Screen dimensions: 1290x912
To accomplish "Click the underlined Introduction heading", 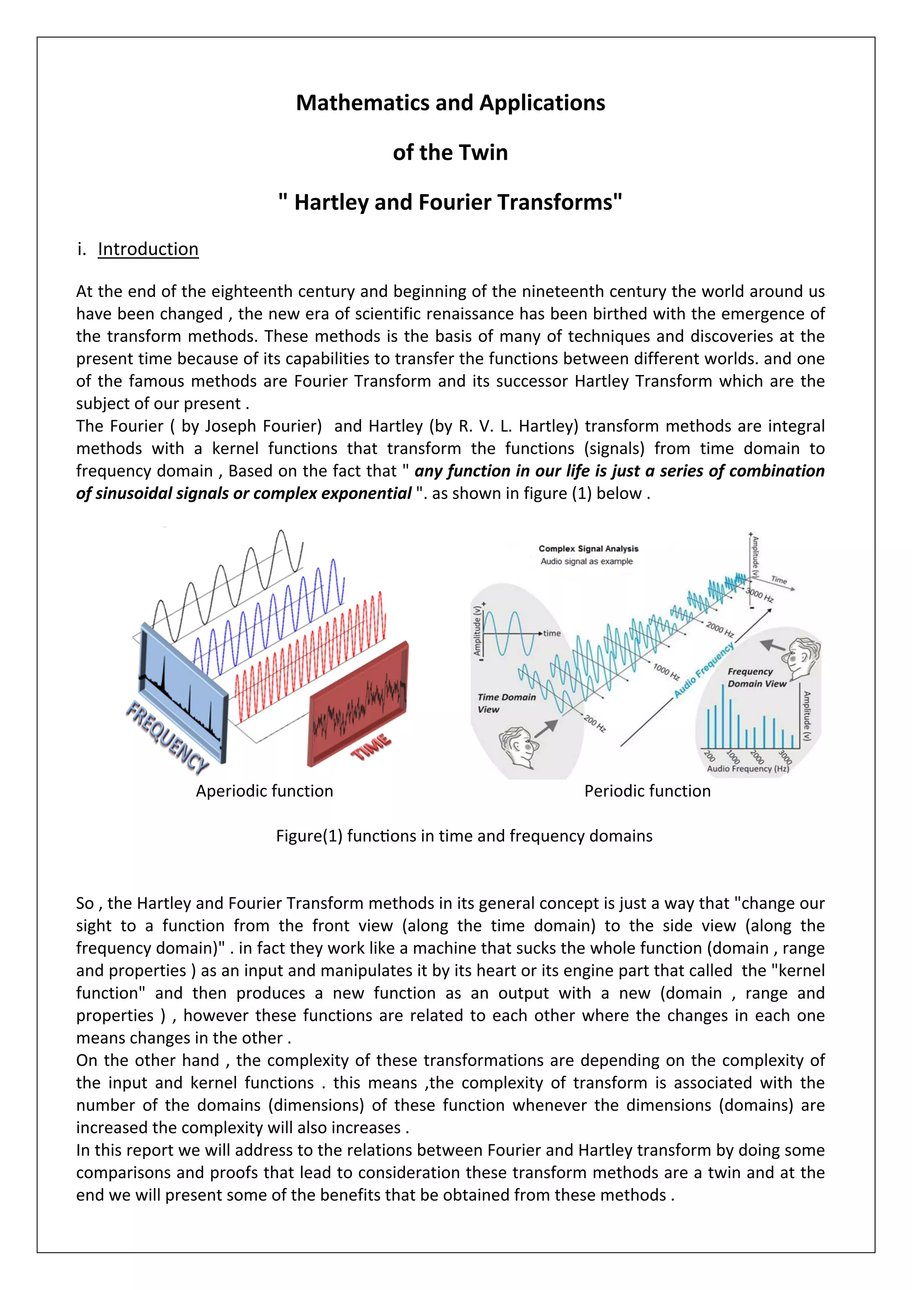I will click(x=148, y=249).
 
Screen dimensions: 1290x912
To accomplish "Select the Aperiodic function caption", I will click(x=264, y=791).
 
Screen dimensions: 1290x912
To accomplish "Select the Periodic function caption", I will click(x=647, y=791).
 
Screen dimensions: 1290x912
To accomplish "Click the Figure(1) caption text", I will click(x=464, y=836).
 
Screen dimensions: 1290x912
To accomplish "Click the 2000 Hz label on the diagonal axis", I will click(x=720, y=629).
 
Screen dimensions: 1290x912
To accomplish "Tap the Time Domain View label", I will click(x=506, y=703).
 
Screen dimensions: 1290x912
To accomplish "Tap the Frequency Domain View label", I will click(x=756, y=678).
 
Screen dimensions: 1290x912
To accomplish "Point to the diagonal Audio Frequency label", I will click(x=704, y=670).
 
